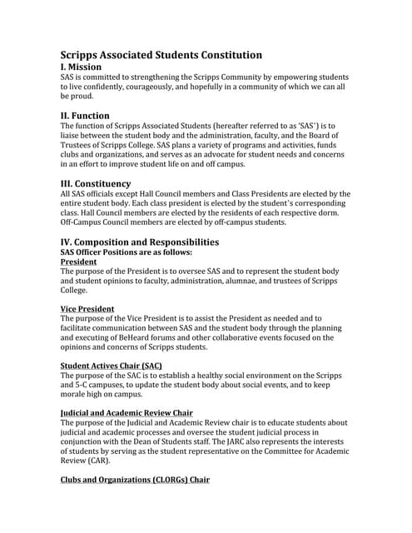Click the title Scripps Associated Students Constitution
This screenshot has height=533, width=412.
(161, 55)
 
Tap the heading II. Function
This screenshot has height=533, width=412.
(85, 115)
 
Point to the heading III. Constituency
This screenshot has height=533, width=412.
(96, 183)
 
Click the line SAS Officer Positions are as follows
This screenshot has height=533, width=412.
(127, 252)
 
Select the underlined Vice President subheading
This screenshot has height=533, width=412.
(87, 309)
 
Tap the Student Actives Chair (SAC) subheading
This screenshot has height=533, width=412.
(112, 366)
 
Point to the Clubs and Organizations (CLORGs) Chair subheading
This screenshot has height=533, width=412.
(135, 481)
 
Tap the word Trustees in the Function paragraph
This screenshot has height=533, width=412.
(82, 145)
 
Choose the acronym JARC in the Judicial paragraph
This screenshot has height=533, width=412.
(201, 443)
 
